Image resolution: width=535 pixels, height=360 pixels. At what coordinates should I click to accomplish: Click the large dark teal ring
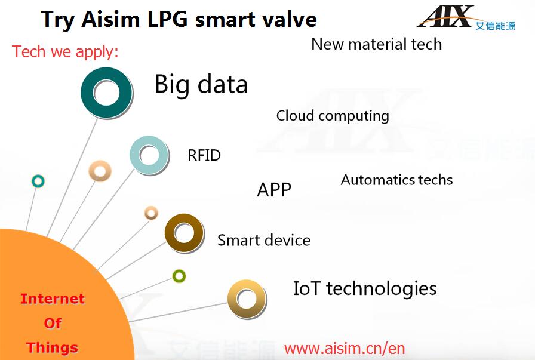click(90, 93)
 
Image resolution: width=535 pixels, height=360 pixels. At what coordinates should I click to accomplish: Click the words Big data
click(201, 84)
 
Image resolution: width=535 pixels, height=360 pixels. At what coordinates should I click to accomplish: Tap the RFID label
click(204, 156)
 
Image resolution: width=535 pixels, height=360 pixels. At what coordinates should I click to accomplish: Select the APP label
click(274, 190)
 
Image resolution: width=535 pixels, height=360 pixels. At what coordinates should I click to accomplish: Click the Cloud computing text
click(333, 116)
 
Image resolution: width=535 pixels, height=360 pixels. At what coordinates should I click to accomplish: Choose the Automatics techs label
click(397, 180)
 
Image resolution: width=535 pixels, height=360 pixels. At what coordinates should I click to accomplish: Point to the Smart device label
click(264, 240)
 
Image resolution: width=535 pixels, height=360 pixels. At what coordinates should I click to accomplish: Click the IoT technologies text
click(365, 289)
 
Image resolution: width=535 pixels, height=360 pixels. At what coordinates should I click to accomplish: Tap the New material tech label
click(377, 44)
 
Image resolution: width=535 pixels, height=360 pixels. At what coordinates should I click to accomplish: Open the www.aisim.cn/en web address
click(345, 349)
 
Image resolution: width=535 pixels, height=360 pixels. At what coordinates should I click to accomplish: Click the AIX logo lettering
click(445, 16)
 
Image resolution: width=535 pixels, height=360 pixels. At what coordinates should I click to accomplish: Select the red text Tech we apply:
click(65, 52)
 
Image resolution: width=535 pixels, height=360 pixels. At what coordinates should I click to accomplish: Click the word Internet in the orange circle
click(53, 299)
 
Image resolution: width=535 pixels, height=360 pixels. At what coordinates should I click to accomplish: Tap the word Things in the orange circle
click(52, 347)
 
